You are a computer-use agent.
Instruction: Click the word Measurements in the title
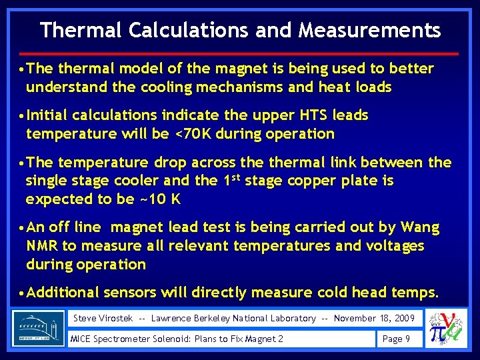370,31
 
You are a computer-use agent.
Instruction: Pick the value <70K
197,133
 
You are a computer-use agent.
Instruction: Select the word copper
317,181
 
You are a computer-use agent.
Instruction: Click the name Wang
418,228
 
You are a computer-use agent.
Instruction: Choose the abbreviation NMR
42,246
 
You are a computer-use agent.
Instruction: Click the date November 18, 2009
374,319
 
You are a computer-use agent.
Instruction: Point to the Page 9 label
397,339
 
